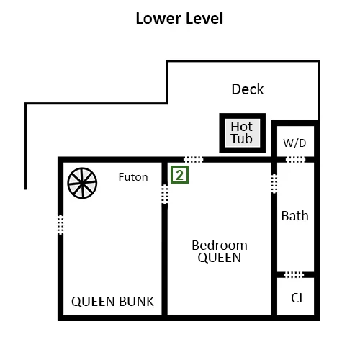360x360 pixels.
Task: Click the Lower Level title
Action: point(179,18)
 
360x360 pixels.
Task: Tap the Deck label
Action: point(248,89)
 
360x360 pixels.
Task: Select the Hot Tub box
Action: point(243,133)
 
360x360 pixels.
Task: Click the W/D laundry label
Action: point(294,143)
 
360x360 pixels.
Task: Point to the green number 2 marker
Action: point(179,175)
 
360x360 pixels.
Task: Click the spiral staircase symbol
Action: point(82,183)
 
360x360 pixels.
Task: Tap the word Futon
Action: point(133,177)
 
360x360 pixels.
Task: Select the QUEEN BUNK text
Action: point(112,302)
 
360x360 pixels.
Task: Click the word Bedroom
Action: point(220,246)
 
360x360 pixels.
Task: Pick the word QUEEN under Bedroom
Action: point(220,258)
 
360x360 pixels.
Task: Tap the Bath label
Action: point(294,215)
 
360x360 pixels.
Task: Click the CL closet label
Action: point(298,298)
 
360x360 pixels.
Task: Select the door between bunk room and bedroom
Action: point(164,194)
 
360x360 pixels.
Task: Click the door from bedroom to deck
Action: point(193,159)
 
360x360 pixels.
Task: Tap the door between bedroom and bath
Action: point(274,184)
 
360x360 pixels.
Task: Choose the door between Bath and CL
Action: point(294,275)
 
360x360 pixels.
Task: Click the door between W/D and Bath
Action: point(296,159)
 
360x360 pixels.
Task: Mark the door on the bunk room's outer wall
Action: point(60,225)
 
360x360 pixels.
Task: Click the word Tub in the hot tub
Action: point(241,139)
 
